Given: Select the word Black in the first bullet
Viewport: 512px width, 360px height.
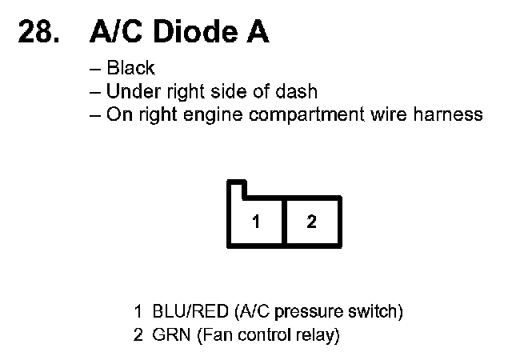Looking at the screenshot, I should tap(130, 70).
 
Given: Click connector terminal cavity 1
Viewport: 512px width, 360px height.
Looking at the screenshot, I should tap(256, 222).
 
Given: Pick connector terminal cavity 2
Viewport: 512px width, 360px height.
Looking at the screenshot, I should tap(311, 222).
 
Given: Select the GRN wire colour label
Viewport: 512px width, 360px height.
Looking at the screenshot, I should tap(169, 334).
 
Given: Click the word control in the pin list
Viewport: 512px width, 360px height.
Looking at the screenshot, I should tap(262, 334).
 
